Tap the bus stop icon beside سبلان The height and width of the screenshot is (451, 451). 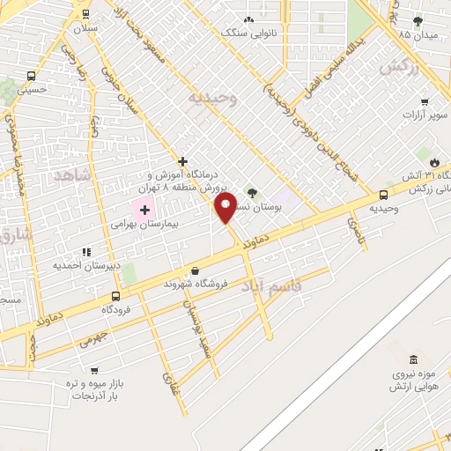pos(85,14)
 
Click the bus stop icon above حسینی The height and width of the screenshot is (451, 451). pos(32,76)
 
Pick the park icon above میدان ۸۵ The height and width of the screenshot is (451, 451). pos(418,21)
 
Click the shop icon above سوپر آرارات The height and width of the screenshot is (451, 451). pos(425,101)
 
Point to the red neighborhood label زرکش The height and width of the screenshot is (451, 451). pos(398,67)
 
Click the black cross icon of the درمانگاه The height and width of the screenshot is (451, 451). pos(182,161)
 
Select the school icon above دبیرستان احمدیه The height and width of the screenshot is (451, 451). pos(85,251)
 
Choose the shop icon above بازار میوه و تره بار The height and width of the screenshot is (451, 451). pos(94,371)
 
